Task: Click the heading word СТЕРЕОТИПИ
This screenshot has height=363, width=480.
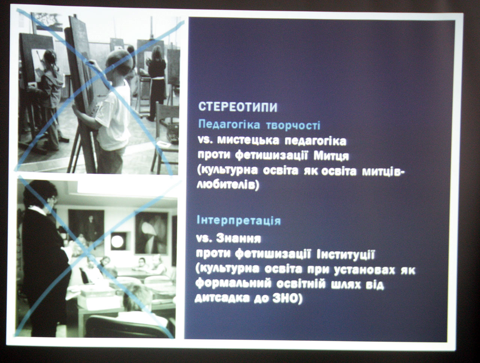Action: tap(238, 107)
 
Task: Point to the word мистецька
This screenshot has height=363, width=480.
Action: tap(248, 141)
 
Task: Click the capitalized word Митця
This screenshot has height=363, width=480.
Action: tap(331, 156)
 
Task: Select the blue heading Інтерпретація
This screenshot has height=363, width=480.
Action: tap(238, 220)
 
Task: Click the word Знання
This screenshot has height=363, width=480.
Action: tap(238, 238)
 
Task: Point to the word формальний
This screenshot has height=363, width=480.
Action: tap(233, 285)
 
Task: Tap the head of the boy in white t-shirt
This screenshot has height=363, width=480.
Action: tap(118, 62)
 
